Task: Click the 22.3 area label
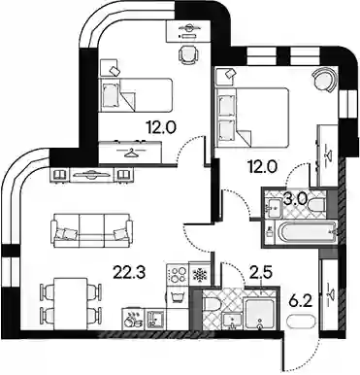(x=130, y=272)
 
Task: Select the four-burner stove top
(x=178, y=275)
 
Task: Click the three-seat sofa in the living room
(x=92, y=230)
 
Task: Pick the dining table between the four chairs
(x=71, y=303)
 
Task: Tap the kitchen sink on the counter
(x=155, y=319)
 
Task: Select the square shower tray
(x=260, y=314)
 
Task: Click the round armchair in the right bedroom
(x=322, y=80)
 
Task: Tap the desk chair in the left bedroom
(x=188, y=53)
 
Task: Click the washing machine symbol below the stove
(x=177, y=297)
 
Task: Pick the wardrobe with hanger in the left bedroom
(x=130, y=152)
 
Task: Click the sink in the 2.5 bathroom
(x=232, y=321)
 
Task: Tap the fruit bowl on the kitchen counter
(x=134, y=319)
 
